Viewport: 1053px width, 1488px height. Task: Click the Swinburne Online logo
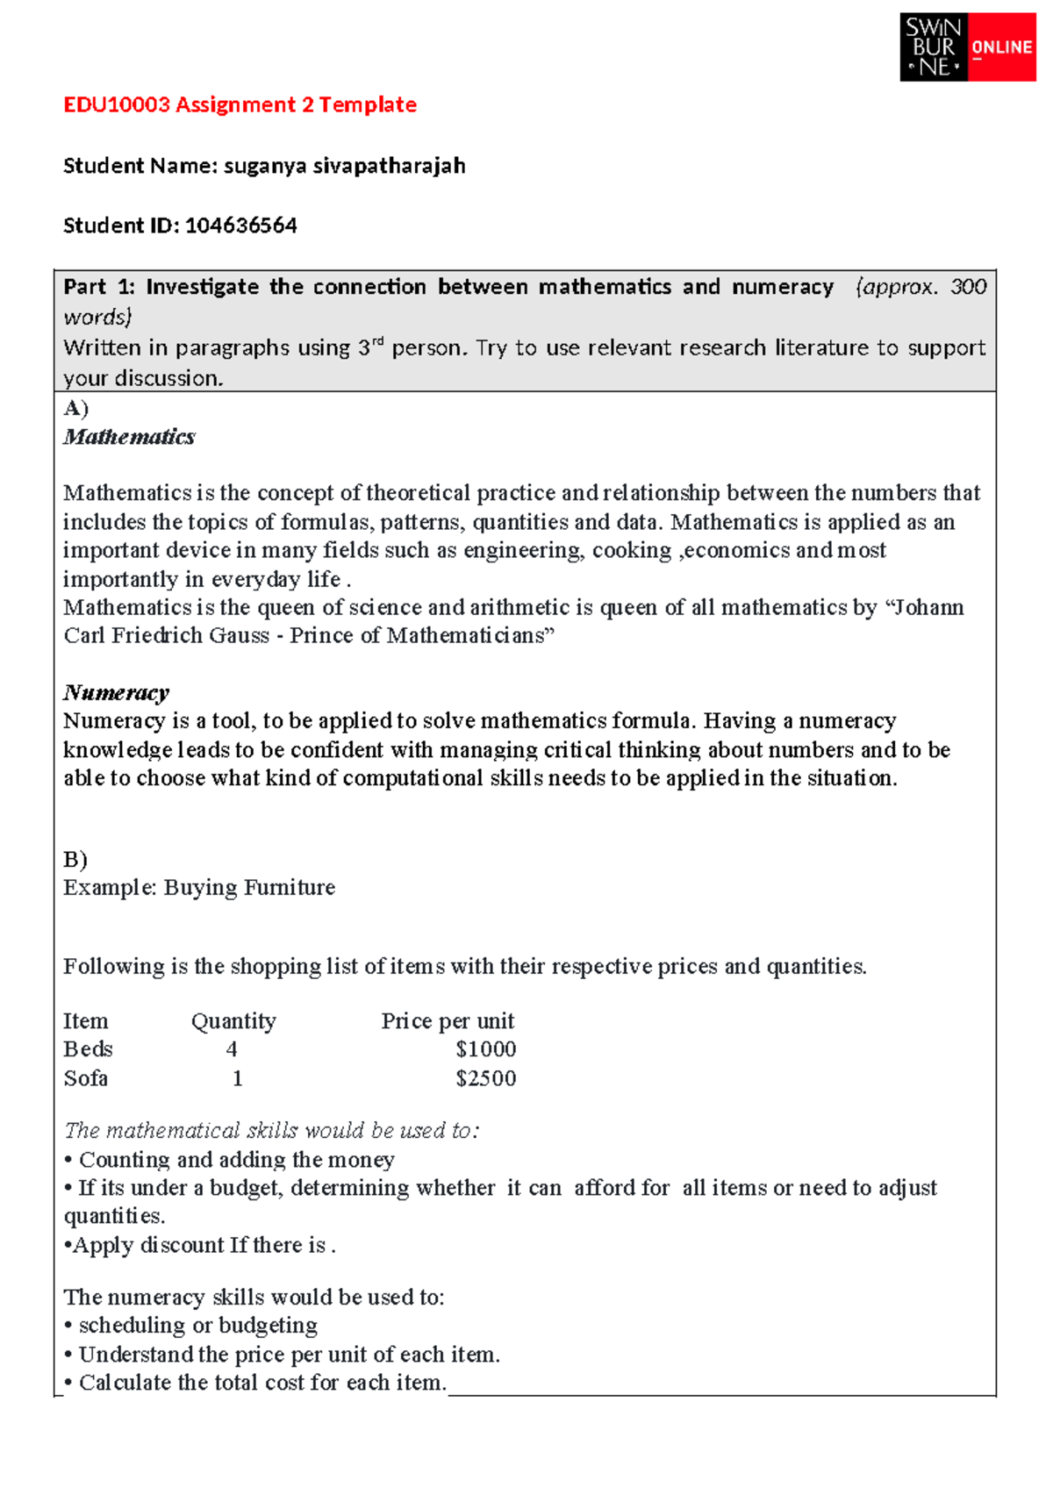(x=967, y=47)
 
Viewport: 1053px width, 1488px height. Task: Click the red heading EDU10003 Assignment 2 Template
(x=240, y=104)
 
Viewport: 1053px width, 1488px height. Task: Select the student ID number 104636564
(x=240, y=225)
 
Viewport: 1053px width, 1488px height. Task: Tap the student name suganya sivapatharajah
(x=344, y=166)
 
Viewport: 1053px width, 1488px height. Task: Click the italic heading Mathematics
(x=129, y=437)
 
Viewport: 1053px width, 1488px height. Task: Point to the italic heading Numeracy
(x=116, y=693)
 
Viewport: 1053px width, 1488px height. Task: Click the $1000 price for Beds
(x=485, y=1049)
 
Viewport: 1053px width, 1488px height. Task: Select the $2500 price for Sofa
(x=485, y=1078)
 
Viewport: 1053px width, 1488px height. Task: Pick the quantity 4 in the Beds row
(x=232, y=1049)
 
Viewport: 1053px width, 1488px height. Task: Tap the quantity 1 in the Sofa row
(x=237, y=1078)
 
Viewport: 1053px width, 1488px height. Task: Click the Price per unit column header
(x=448, y=1021)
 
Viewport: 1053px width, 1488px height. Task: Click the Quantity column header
(x=233, y=1021)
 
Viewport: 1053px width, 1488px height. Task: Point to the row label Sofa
(x=85, y=1078)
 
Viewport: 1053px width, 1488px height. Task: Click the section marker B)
(x=75, y=859)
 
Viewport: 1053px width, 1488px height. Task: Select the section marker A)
(x=75, y=408)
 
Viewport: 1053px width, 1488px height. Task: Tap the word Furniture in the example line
(x=290, y=888)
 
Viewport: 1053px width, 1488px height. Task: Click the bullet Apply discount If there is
(x=200, y=1245)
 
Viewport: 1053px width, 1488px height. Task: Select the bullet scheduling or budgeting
(x=198, y=1325)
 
